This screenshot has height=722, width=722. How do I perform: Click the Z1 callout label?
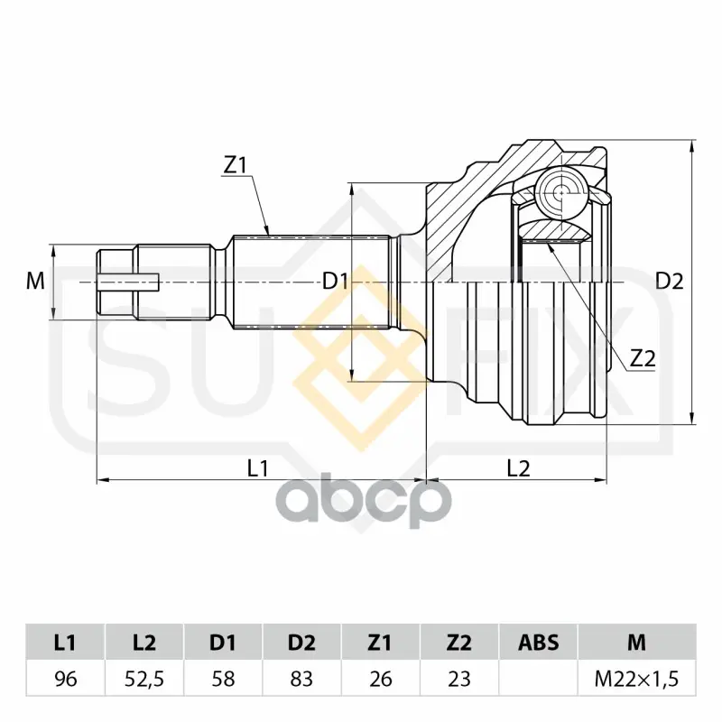tap(236, 166)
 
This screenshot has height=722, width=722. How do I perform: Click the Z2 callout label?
tap(643, 358)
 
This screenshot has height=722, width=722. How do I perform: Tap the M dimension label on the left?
tap(35, 281)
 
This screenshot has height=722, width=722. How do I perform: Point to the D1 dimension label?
tap(335, 281)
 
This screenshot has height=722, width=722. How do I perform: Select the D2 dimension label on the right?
tap(670, 281)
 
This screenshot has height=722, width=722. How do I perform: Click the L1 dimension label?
tap(258, 468)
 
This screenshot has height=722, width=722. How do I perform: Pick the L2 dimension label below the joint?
tap(518, 468)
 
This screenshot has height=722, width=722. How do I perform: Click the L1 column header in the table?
tap(65, 643)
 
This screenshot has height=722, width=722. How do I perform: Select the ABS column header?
tap(538, 643)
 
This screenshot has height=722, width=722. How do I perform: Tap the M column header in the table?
tap(637, 643)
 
